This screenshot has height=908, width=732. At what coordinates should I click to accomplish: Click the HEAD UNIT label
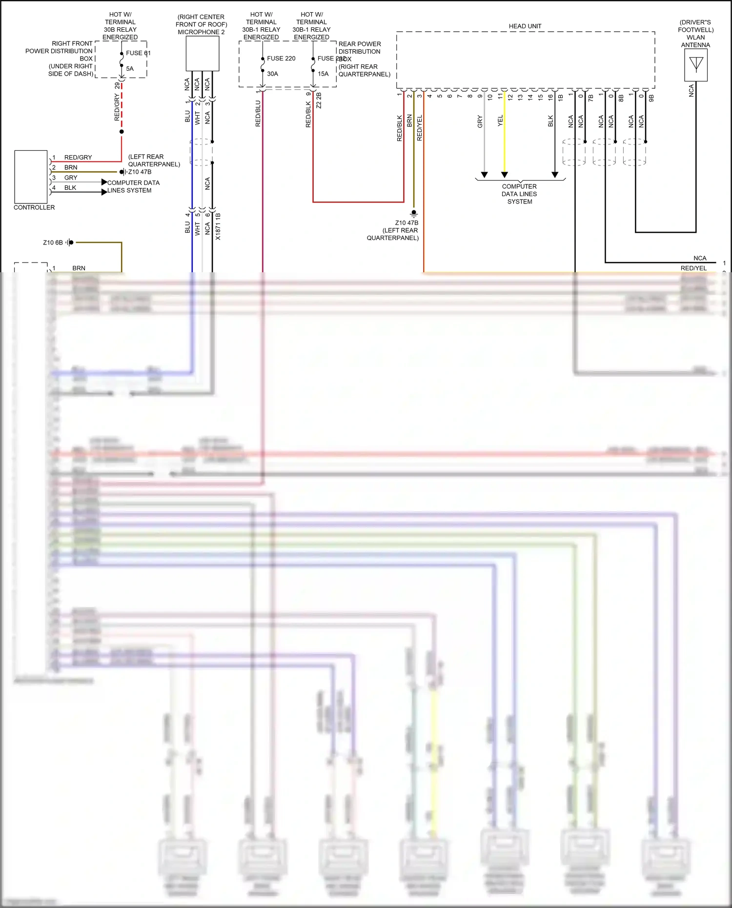(525, 26)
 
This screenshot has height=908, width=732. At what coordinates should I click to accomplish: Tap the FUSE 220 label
(281, 59)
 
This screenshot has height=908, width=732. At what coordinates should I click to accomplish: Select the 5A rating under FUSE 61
(130, 69)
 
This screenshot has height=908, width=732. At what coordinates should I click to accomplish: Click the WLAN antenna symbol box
(695, 65)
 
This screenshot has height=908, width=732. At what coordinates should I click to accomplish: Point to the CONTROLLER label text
(34, 207)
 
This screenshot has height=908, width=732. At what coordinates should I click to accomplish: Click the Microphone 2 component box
(202, 54)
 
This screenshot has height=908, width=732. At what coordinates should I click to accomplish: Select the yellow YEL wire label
(500, 121)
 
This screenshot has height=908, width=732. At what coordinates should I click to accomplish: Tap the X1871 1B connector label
(218, 226)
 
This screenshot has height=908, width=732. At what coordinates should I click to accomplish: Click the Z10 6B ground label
(53, 242)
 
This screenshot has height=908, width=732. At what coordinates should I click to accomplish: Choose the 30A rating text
(272, 74)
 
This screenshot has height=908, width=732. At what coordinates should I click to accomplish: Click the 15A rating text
(323, 74)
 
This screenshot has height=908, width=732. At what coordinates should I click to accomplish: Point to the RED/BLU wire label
(258, 114)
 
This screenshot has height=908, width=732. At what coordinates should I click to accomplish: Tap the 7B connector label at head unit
(591, 98)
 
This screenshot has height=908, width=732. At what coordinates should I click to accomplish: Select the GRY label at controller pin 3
(71, 178)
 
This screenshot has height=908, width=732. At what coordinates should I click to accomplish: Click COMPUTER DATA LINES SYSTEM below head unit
(519, 194)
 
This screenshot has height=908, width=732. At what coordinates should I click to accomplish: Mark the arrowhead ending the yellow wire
(505, 175)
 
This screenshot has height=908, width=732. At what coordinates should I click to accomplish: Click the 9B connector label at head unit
(651, 98)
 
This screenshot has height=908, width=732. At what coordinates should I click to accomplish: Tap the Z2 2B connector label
(319, 101)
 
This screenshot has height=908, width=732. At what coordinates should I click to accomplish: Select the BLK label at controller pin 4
(70, 188)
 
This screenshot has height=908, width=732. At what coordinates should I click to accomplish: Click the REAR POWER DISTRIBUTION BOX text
(360, 51)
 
